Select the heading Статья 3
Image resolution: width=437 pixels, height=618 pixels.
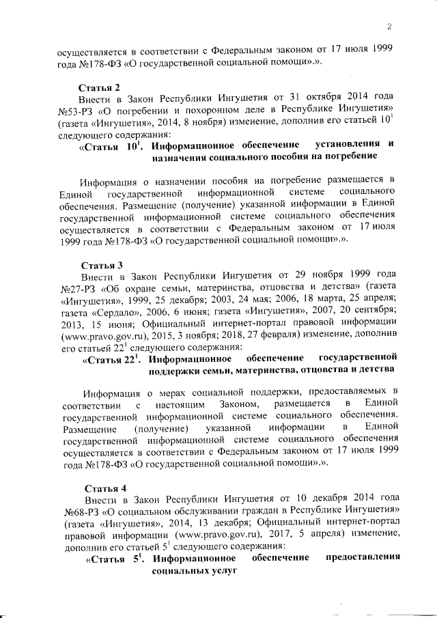(101, 264)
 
